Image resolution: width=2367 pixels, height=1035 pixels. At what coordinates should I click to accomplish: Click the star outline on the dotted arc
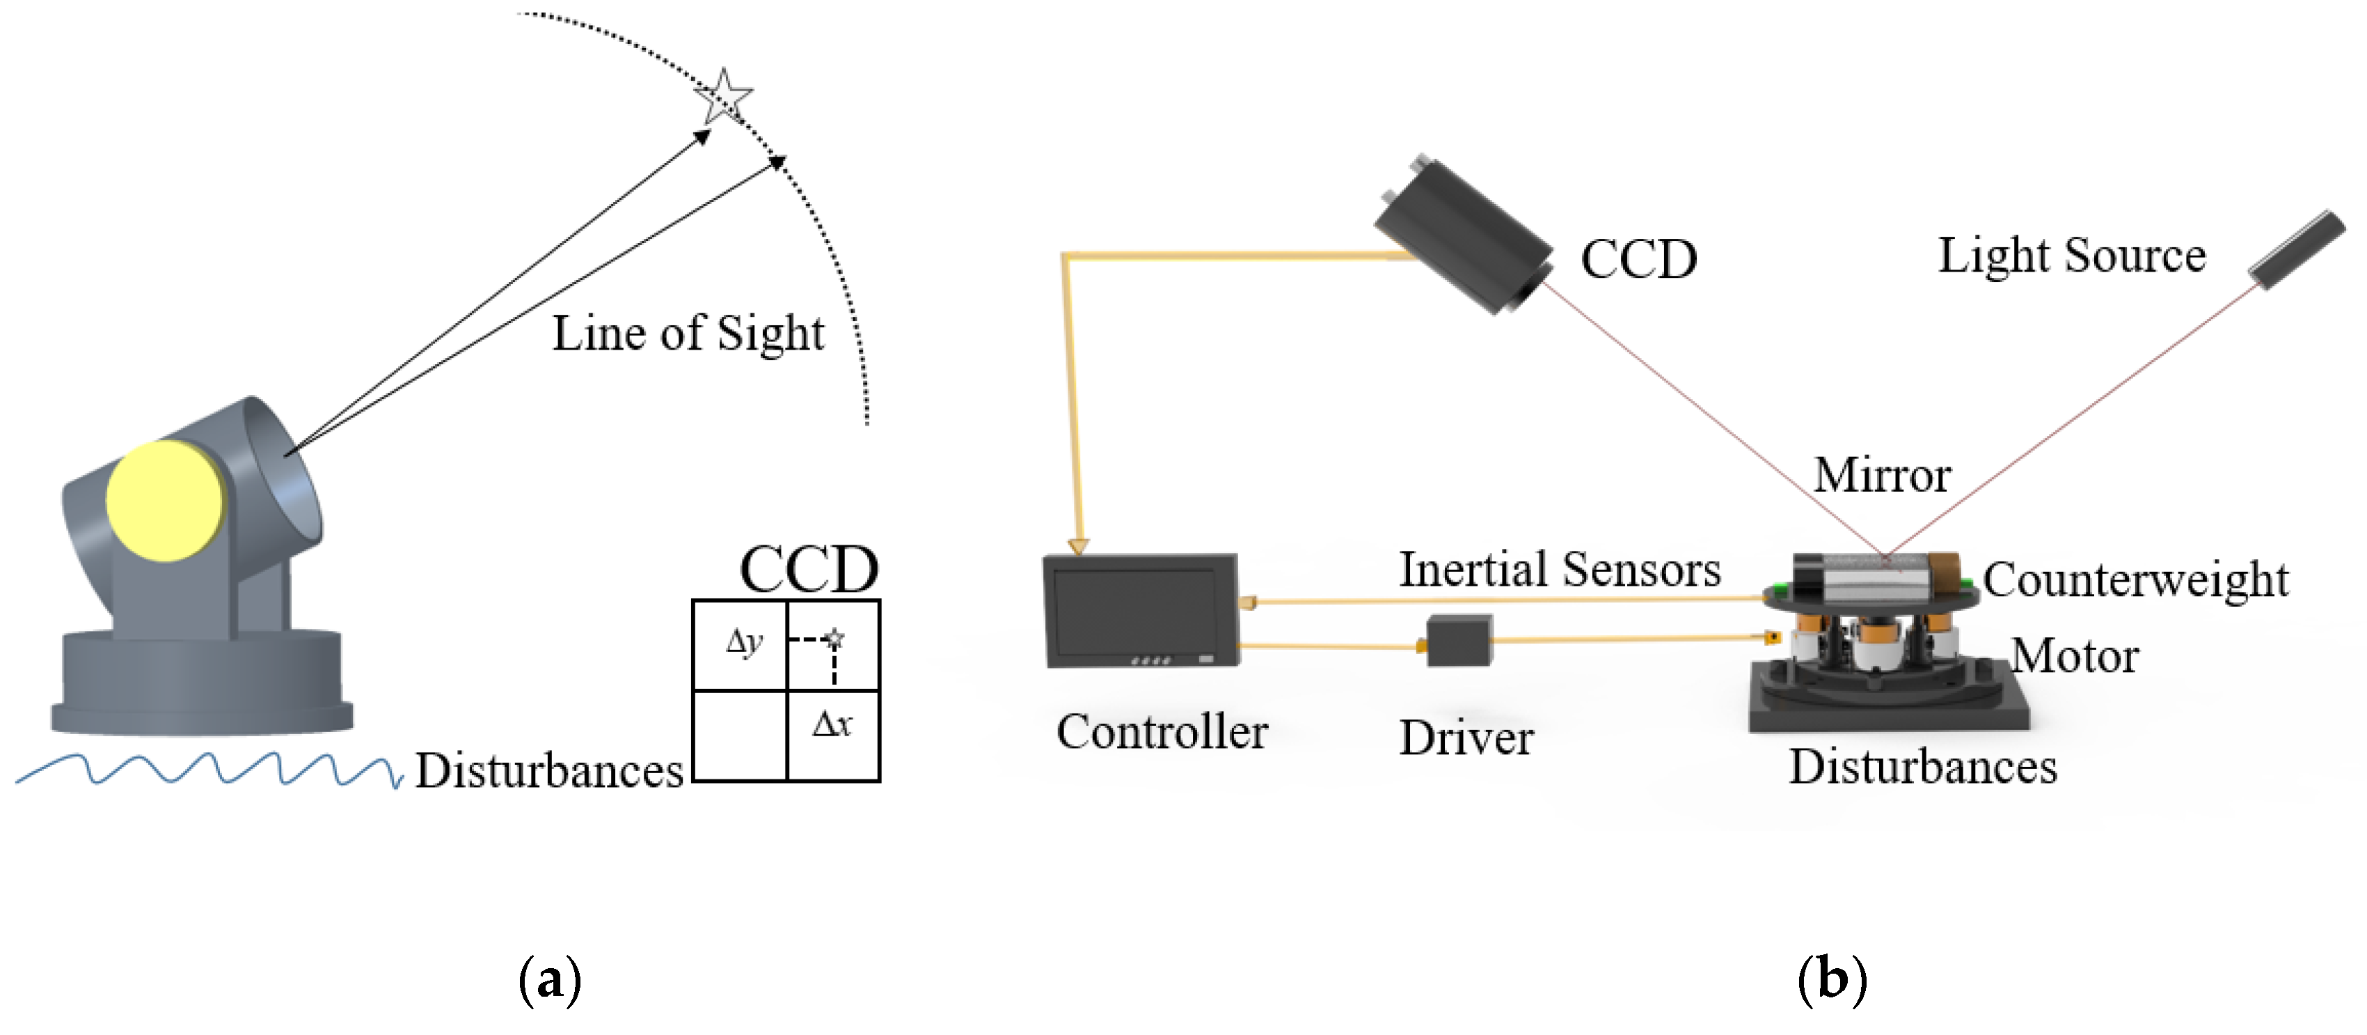[724, 95]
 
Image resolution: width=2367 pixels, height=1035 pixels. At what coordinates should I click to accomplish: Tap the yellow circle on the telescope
[166, 501]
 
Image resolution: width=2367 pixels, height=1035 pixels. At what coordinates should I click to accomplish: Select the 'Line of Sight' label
[688, 333]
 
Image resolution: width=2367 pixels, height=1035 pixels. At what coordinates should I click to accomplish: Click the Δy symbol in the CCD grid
[743, 641]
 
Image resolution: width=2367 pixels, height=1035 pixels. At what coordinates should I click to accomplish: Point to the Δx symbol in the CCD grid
[832, 724]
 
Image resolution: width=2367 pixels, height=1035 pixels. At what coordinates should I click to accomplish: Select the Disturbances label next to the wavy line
[548, 770]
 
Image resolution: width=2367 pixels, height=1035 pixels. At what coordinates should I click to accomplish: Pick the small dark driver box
[1459, 641]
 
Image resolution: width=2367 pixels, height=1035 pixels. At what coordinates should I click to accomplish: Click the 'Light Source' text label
[2071, 255]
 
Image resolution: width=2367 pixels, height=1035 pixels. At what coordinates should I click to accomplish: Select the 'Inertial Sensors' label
[1559, 569]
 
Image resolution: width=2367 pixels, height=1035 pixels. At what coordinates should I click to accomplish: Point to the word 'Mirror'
[1881, 475]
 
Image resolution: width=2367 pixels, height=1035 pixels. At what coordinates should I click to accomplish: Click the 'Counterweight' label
[2135, 580]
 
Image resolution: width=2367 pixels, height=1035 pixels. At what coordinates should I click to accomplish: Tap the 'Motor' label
[2075, 656]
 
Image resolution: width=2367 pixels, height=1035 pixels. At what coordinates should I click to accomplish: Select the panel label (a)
[550, 980]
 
